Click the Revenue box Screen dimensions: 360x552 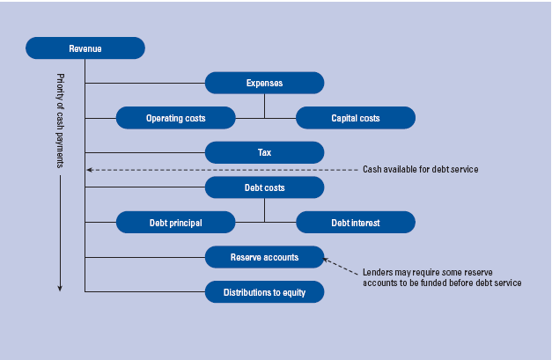click(x=85, y=48)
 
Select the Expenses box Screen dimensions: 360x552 click(x=264, y=83)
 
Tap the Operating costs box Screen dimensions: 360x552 click(x=176, y=118)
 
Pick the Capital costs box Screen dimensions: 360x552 click(x=355, y=118)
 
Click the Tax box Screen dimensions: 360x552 click(x=264, y=152)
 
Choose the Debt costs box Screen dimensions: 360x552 click(x=264, y=187)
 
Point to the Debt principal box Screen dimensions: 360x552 click(x=176, y=223)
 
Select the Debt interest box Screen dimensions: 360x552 click(x=355, y=223)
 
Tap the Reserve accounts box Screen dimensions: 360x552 click(x=264, y=257)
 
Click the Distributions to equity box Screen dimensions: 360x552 click(x=264, y=291)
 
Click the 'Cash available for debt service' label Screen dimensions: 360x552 click(x=420, y=169)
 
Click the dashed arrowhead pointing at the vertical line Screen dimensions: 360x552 click(x=90, y=169)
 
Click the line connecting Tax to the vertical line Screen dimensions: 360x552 click(x=145, y=152)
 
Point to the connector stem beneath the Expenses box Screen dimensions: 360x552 click(x=264, y=106)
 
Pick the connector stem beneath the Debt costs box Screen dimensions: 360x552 click(x=264, y=209)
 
